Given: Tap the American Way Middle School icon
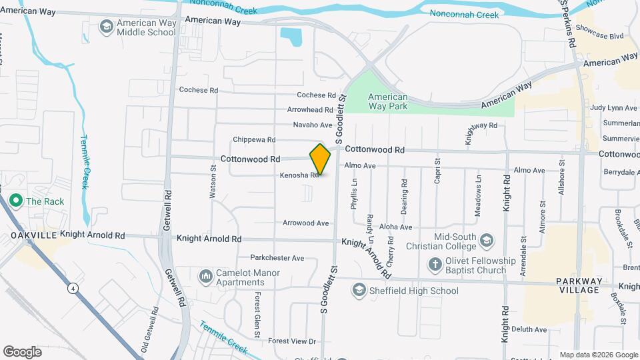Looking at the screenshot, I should [x=105, y=27].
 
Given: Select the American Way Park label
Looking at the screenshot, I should [x=387, y=101].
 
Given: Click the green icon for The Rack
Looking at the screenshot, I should [x=14, y=200].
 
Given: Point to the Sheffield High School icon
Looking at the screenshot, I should [x=360, y=290].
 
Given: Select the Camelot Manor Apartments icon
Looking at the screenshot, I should [x=205, y=275].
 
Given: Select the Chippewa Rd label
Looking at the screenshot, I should [x=254, y=140].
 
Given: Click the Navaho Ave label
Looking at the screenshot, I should [x=312, y=125].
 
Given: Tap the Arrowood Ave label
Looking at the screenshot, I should [x=305, y=223].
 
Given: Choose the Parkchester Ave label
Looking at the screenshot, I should [x=277, y=257].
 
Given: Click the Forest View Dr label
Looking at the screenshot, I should [x=291, y=341].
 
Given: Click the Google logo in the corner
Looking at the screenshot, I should [x=23, y=351].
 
